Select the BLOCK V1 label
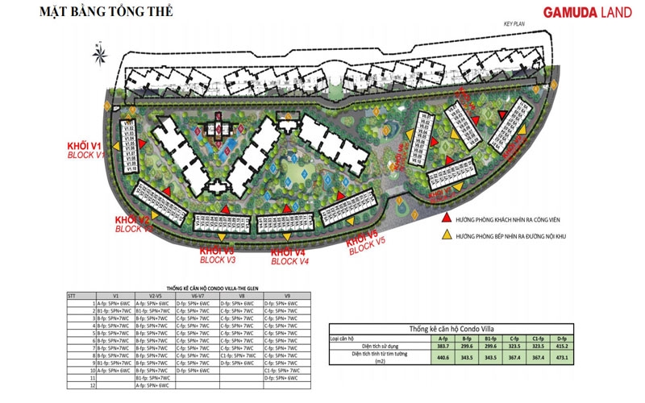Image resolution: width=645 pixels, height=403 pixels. (x=85, y=154)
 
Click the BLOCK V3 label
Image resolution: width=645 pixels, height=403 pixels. (x=218, y=261)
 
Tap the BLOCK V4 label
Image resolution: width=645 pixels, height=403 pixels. (x=289, y=261)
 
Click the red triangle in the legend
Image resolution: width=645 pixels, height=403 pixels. (x=445, y=218)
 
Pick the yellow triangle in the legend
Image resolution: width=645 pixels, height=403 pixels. (x=445, y=235)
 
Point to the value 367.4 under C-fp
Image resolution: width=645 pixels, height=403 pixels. (x=513, y=357)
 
